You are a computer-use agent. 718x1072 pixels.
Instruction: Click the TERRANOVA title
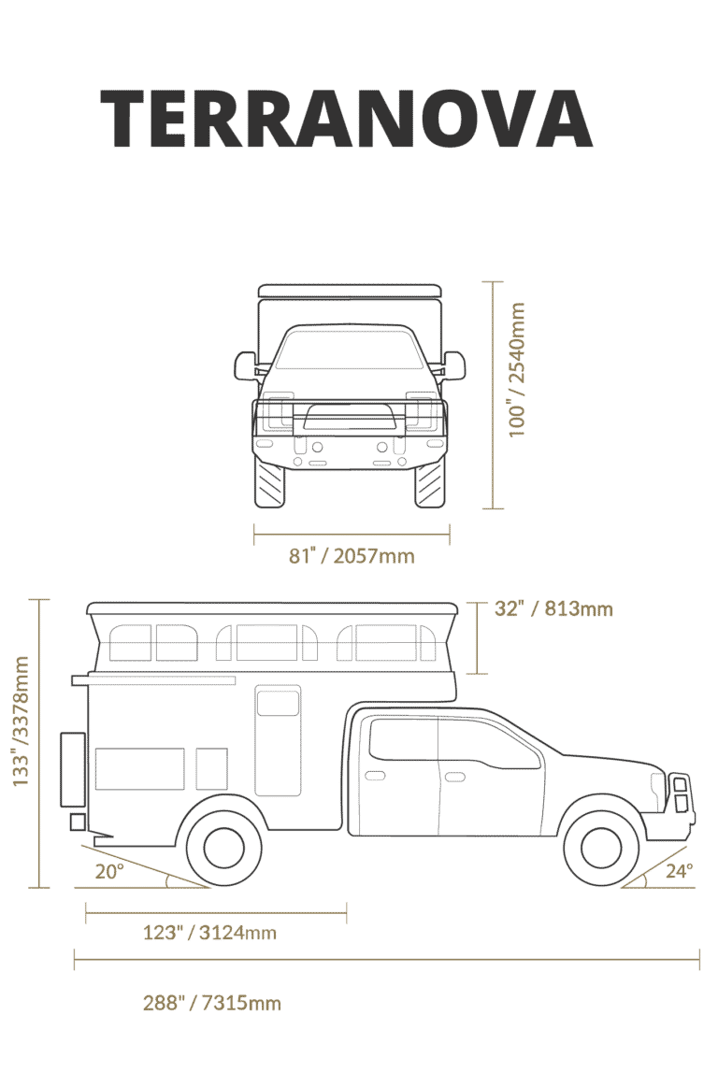click(346, 119)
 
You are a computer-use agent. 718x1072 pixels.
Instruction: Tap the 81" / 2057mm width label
click(352, 555)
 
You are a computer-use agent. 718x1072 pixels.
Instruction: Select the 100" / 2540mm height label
click(517, 369)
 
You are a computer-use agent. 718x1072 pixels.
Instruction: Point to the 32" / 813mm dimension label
click(553, 608)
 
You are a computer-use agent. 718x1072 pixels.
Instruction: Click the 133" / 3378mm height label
click(22, 722)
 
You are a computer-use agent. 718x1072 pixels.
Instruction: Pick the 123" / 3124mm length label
click(210, 933)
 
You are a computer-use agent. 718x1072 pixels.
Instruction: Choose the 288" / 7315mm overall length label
click(212, 1003)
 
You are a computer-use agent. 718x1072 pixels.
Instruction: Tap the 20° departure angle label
click(110, 871)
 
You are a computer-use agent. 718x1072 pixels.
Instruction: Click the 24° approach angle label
click(679, 870)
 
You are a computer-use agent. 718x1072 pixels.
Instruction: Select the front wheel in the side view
click(601, 847)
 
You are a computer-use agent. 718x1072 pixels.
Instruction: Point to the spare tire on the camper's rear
click(73, 769)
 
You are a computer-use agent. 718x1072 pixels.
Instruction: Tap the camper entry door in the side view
click(279, 740)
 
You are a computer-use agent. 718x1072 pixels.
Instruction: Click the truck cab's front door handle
click(454, 777)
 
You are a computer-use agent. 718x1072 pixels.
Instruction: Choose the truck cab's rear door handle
click(376, 776)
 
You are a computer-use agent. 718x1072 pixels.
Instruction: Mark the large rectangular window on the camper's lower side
click(139, 769)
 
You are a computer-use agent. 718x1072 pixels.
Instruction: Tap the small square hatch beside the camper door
click(212, 769)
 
